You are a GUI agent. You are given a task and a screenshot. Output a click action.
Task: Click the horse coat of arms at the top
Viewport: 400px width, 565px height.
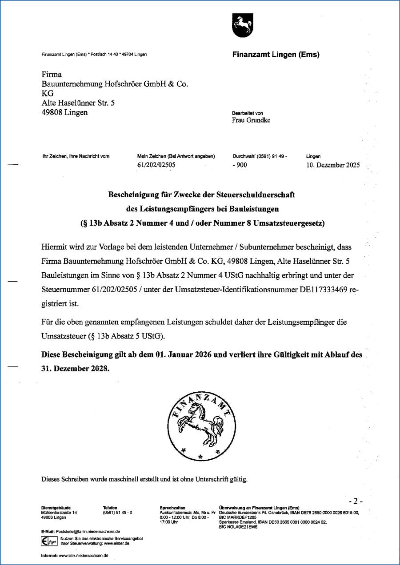[x=242, y=25]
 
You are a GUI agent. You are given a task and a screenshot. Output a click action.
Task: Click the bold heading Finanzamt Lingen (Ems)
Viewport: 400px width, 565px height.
[x=276, y=55]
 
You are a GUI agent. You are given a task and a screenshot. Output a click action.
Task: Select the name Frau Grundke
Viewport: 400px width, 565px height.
[x=251, y=120]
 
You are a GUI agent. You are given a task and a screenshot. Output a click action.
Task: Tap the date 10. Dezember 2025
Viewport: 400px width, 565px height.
[x=333, y=165]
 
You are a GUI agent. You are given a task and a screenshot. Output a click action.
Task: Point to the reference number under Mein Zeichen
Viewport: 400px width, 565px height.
[x=157, y=165]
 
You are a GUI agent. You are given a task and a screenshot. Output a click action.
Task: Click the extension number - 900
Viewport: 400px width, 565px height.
[x=240, y=165]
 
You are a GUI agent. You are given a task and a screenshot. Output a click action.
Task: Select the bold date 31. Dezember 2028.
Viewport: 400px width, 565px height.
[x=75, y=369]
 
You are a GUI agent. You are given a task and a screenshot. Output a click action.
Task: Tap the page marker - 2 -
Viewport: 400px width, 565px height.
[x=356, y=501]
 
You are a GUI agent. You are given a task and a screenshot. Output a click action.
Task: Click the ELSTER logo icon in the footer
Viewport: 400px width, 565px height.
[x=46, y=541]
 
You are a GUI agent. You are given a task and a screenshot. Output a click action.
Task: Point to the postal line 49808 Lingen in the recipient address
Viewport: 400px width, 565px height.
[x=64, y=112]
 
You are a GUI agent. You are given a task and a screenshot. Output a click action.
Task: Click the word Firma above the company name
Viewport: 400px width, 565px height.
[x=52, y=74]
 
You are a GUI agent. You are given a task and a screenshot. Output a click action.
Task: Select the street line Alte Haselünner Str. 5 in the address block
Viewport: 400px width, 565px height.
[x=78, y=103]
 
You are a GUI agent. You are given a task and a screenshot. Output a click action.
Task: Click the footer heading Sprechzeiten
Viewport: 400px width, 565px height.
[x=172, y=508]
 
